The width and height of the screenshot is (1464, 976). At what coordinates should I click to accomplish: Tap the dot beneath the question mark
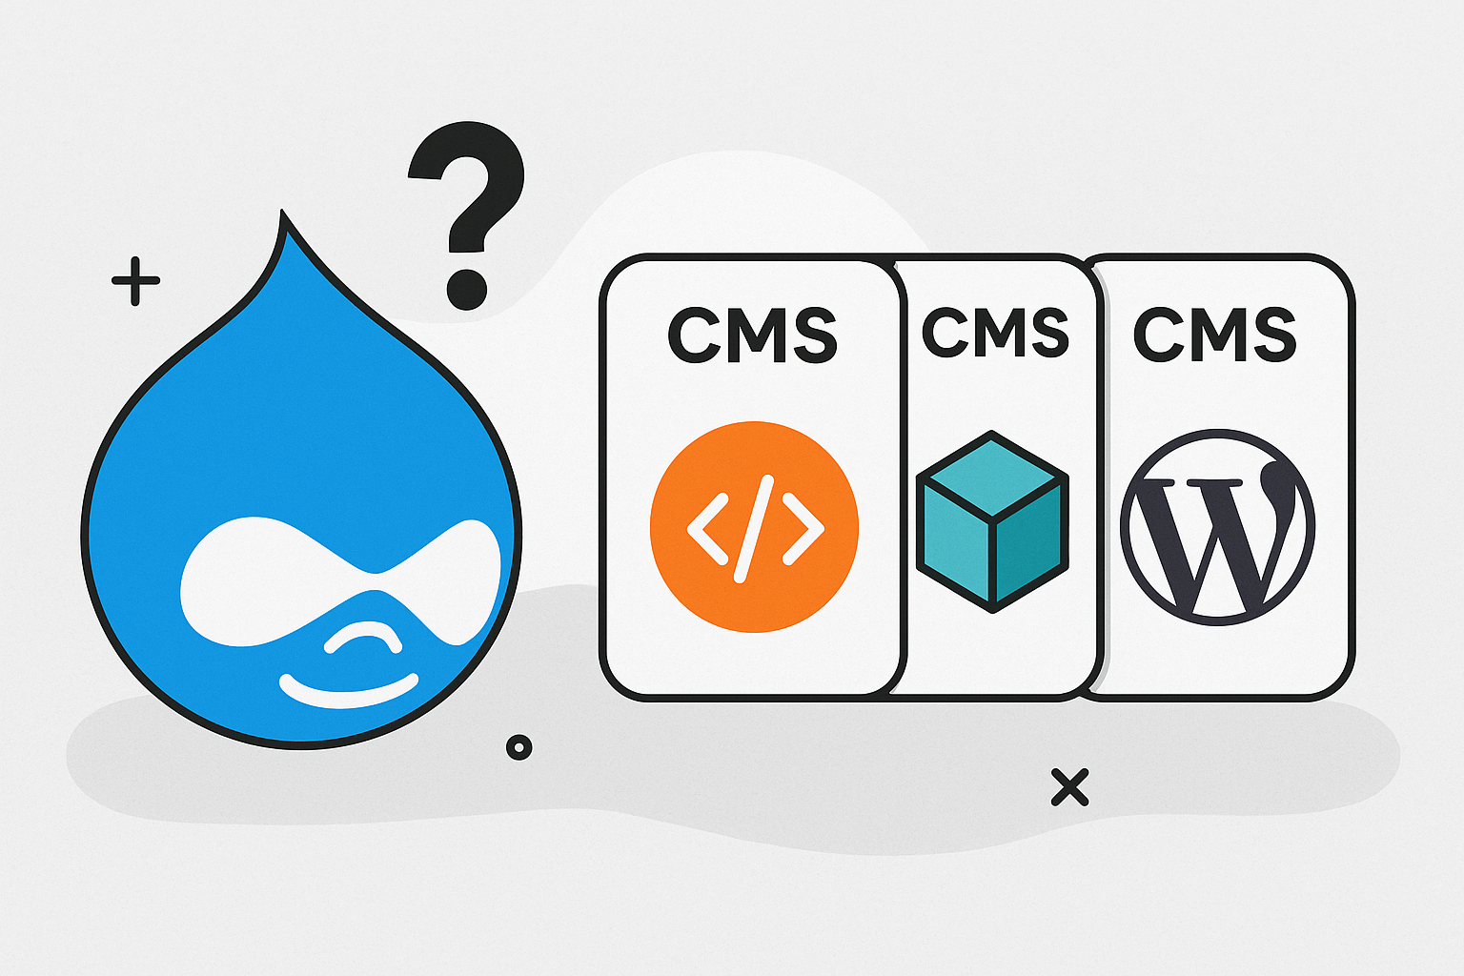[x=466, y=288]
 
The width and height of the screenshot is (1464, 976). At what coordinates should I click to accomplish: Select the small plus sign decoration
[x=135, y=281]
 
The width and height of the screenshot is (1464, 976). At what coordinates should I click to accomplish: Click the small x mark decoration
[x=1069, y=787]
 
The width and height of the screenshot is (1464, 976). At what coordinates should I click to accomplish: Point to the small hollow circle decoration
[x=518, y=747]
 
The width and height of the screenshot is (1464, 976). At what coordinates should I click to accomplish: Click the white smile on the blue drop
[x=348, y=692]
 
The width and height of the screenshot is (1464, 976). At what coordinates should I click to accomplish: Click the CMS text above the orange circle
[x=752, y=335]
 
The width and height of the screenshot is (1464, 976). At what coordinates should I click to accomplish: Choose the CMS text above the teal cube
[x=995, y=333]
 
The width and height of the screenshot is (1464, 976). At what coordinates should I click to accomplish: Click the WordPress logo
[x=1217, y=527]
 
